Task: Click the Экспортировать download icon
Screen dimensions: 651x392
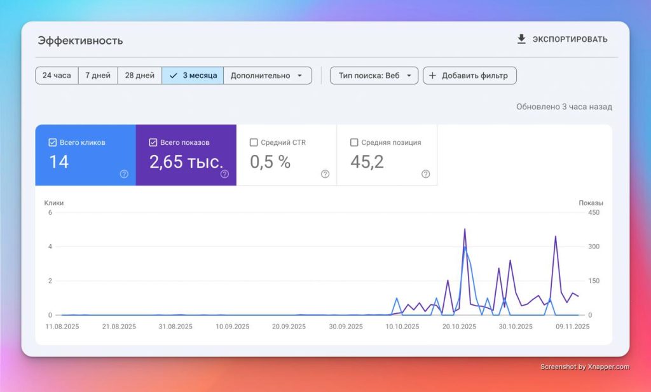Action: pos(521,39)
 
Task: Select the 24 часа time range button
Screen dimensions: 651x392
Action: pos(57,76)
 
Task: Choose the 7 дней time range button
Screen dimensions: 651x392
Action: pos(98,76)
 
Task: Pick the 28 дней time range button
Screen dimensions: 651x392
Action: pos(140,76)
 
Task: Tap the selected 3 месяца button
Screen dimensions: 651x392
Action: pos(193,76)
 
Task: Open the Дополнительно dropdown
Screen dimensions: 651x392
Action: pos(268,76)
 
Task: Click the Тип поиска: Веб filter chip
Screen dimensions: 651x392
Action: pos(374,76)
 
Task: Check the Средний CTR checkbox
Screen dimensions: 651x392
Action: pos(254,142)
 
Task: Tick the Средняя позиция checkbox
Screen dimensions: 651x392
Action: pos(354,142)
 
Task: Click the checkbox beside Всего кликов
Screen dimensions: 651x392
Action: pos(52,142)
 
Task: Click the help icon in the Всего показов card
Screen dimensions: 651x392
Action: pos(224,174)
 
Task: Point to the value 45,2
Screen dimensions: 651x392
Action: pos(367,162)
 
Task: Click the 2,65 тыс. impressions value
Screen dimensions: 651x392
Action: pos(186,162)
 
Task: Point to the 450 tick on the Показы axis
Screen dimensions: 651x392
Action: pos(594,212)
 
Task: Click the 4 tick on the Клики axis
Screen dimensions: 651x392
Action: pos(50,247)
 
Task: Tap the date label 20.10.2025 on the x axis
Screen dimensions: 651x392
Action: pos(459,327)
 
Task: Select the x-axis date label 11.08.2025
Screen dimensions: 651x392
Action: pos(62,327)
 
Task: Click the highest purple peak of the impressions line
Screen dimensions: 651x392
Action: pos(465,229)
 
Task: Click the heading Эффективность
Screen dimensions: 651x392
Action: pos(80,41)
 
